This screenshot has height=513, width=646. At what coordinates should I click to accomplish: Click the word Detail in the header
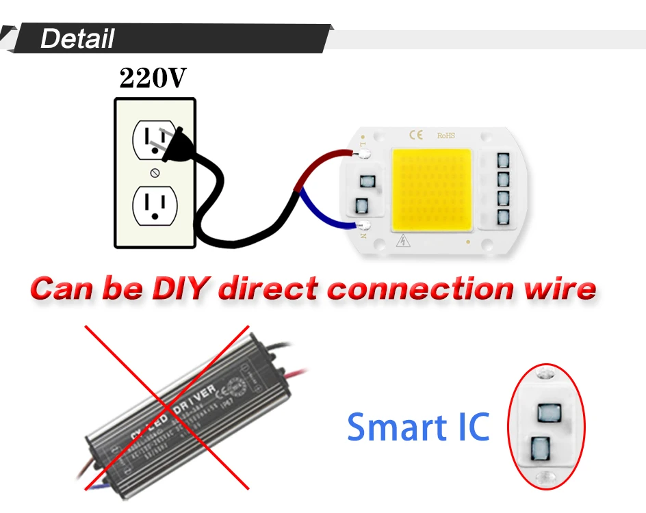click(x=77, y=38)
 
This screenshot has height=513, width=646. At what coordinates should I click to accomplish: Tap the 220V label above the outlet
click(x=152, y=79)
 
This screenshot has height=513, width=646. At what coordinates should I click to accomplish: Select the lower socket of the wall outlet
click(x=155, y=204)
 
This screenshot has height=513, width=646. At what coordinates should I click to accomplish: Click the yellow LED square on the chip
click(x=431, y=188)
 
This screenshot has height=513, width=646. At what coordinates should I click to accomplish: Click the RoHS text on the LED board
click(x=445, y=135)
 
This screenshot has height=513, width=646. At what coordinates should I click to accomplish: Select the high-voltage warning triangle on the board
click(x=403, y=240)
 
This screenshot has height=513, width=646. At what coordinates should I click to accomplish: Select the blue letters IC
click(x=469, y=427)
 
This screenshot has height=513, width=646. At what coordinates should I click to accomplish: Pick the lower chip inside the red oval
click(x=539, y=449)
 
